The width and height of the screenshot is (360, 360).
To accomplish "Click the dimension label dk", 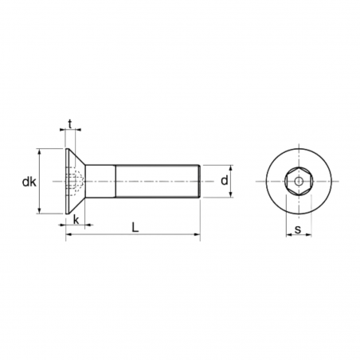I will coord(29,182).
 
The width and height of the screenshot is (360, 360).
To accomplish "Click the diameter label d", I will coord(225,181).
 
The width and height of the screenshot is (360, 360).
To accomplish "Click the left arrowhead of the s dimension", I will coord(288,237).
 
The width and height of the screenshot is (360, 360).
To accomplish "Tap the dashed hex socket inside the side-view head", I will coord(75,182).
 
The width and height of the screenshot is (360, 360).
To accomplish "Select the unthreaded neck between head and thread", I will coord(102,182).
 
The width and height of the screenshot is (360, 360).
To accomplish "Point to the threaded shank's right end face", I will coord(199,182).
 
